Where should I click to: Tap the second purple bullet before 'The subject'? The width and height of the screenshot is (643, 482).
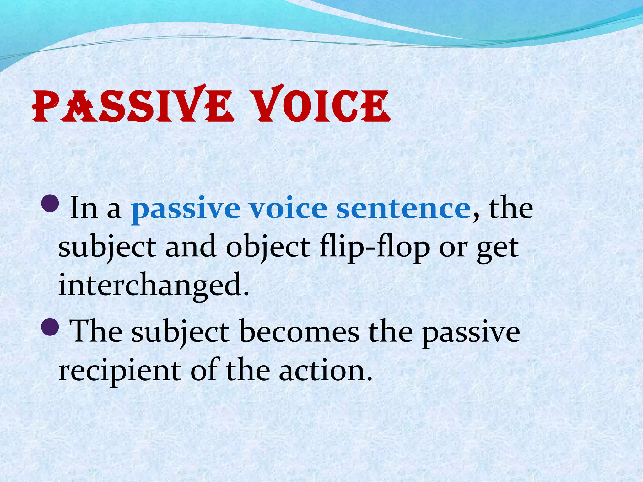pos(50,326)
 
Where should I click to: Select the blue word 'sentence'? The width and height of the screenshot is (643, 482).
pos(403,209)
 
